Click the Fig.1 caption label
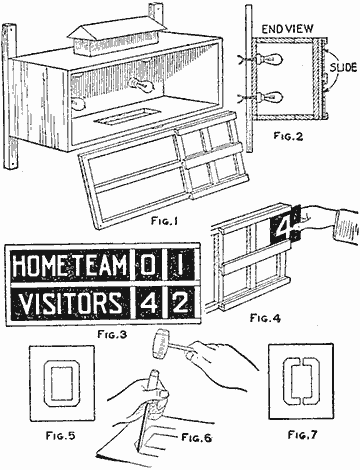point(164,221)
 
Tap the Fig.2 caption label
point(289,136)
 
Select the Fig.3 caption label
point(112,334)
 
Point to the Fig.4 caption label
point(265,318)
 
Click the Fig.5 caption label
point(60,435)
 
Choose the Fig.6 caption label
point(197,437)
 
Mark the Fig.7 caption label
point(303,435)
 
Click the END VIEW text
point(287,29)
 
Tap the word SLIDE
point(343,68)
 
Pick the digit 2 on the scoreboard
point(182,303)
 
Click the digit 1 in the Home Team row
point(180,266)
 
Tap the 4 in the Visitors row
point(148,303)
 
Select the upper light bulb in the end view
point(270,59)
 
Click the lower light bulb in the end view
point(270,97)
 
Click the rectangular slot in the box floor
point(121,117)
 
